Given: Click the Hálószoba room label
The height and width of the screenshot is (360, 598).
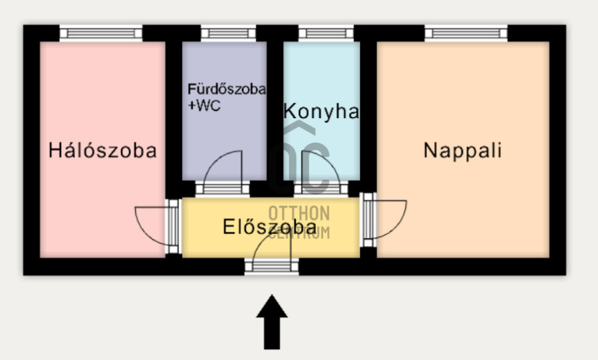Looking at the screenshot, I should pos(102,150).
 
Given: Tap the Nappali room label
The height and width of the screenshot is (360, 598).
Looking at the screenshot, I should pos(462,150).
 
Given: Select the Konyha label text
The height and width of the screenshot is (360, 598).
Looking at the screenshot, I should pos(321,112).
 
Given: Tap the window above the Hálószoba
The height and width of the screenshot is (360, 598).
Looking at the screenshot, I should pos(101,32).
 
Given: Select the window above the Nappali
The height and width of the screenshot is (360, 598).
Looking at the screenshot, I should pos(466,32).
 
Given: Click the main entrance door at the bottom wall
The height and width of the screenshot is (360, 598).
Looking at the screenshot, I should pos(271,266).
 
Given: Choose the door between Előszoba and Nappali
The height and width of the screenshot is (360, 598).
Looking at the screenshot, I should pos(368,217).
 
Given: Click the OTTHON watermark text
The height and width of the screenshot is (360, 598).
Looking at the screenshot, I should pos(299,213).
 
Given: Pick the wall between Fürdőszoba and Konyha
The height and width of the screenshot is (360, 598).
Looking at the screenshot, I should pos(274,108).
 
